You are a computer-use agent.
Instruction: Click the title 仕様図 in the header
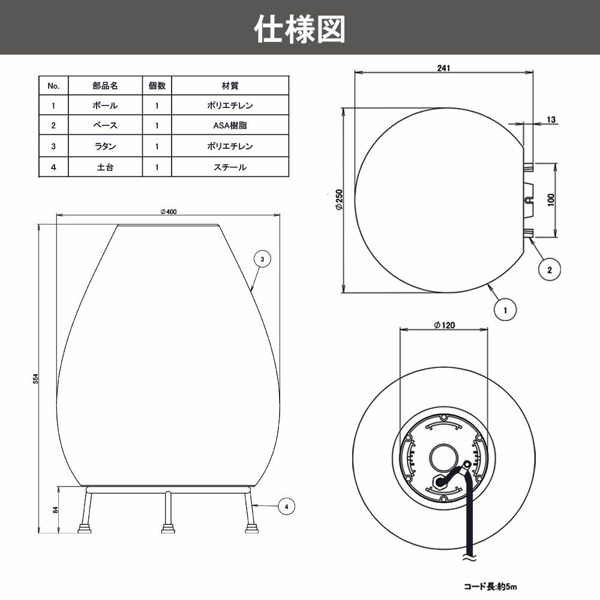click(x=300, y=28)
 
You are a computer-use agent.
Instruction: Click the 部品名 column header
click(x=105, y=86)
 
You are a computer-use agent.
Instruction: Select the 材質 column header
click(x=230, y=86)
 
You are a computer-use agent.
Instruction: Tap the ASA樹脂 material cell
click(x=230, y=126)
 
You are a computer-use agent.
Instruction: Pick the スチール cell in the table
click(x=230, y=167)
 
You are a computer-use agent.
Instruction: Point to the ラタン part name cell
click(x=105, y=146)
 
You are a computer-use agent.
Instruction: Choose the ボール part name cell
click(x=105, y=106)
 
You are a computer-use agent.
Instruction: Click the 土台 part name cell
click(x=105, y=167)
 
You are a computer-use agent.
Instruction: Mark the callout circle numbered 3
click(x=262, y=259)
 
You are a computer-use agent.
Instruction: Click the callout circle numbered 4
click(x=287, y=507)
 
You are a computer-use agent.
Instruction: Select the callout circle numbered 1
click(x=505, y=310)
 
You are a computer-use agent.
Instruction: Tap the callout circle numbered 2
click(x=549, y=269)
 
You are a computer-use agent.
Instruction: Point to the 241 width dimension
click(x=444, y=67)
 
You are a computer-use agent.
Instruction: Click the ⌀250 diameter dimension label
click(x=338, y=199)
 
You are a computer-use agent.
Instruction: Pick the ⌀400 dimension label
click(x=169, y=211)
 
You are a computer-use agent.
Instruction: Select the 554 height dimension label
click(x=36, y=379)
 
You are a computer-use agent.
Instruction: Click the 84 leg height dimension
click(x=55, y=509)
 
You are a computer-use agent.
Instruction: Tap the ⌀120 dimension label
click(x=444, y=325)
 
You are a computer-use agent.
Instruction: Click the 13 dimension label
click(x=551, y=119)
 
